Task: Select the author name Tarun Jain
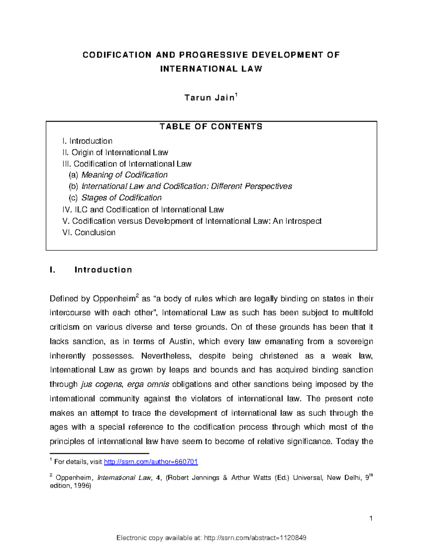pyautogui.click(x=209, y=98)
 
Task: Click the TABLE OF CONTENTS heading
pyautogui.click(x=211, y=127)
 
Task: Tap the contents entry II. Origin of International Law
pyautogui.click(x=115, y=153)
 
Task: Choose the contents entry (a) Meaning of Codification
pyautogui.click(x=118, y=175)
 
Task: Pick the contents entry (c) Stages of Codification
pyautogui.click(x=115, y=198)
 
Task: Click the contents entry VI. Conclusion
pyautogui.click(x=88, y=232)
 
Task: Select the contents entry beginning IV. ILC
pyautogui.click(x=143, y=210)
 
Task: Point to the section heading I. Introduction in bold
pyautogui.click(x=91, y=270)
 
